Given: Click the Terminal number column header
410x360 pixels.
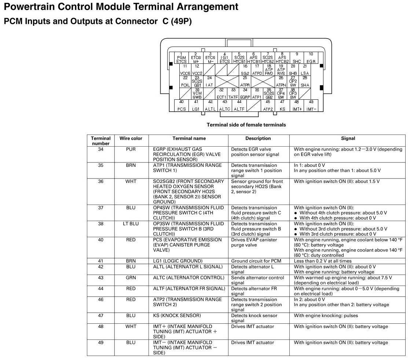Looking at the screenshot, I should click(100, 141).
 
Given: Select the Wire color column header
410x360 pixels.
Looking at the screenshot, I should click(131, 139).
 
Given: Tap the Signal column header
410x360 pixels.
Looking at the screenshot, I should click(348, 139).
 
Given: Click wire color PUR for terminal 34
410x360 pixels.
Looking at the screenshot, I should click(131, 150).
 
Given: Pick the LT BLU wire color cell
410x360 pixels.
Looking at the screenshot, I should click(131, 224).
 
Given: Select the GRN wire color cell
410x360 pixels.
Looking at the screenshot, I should click(131, 278).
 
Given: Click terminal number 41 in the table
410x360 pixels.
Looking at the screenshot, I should click(100, 261).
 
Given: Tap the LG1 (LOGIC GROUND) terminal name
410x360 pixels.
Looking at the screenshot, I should click(177, 261).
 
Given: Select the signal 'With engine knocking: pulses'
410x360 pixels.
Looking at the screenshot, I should click(326, 316).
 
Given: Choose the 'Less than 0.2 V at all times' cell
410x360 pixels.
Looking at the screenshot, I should click(322, 261).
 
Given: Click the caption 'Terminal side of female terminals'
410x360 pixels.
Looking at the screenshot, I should click(246, 125).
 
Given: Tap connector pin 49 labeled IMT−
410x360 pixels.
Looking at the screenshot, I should click(311, 106).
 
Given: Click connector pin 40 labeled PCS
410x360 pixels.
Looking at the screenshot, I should click(182, 106).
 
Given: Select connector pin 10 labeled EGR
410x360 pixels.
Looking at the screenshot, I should click(311, 58).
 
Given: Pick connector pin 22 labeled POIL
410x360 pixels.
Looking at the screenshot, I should click(185, 82).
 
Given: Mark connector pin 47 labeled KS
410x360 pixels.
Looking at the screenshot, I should click(282, 106).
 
